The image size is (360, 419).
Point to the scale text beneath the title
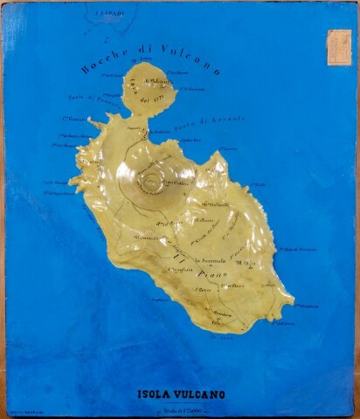click(x=179, y=409)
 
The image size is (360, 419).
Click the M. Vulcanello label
click(x=156, y=83)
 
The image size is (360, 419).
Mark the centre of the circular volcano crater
click(x=154, y=182)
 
